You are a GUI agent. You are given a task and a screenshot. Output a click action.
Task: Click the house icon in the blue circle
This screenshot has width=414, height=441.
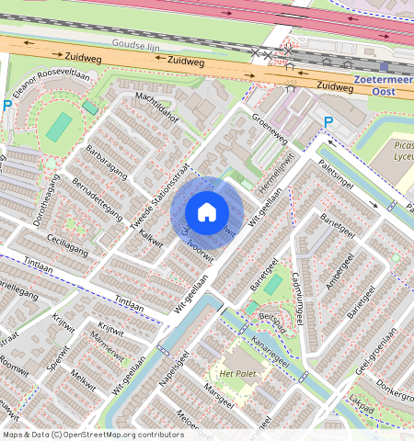[x=207, y=213]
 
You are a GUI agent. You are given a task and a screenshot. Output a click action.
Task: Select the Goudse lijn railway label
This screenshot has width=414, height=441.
[x=134, y=44]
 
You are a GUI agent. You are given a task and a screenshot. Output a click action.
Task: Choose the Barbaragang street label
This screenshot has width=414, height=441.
[x=103, y=161]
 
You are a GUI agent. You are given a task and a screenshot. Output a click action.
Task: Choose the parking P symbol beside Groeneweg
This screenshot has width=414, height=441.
[x=327, y=122]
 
